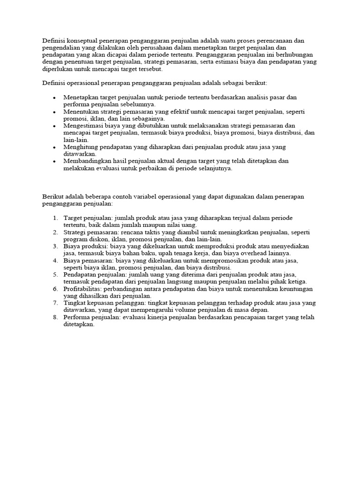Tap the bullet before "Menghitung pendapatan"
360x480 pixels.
(x=55, y=147)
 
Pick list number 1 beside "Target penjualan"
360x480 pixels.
(x=55, y=218)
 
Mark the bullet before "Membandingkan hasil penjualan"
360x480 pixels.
(x=55, y=161)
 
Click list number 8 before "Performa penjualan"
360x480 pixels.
(x=55, y=317)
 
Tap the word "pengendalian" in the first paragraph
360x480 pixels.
(x=60, y=48)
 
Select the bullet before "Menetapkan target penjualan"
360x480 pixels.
(x=55, y=97)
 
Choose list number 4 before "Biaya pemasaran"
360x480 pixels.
(x=55, y=261)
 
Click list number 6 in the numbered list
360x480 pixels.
(x=55, y=289)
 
